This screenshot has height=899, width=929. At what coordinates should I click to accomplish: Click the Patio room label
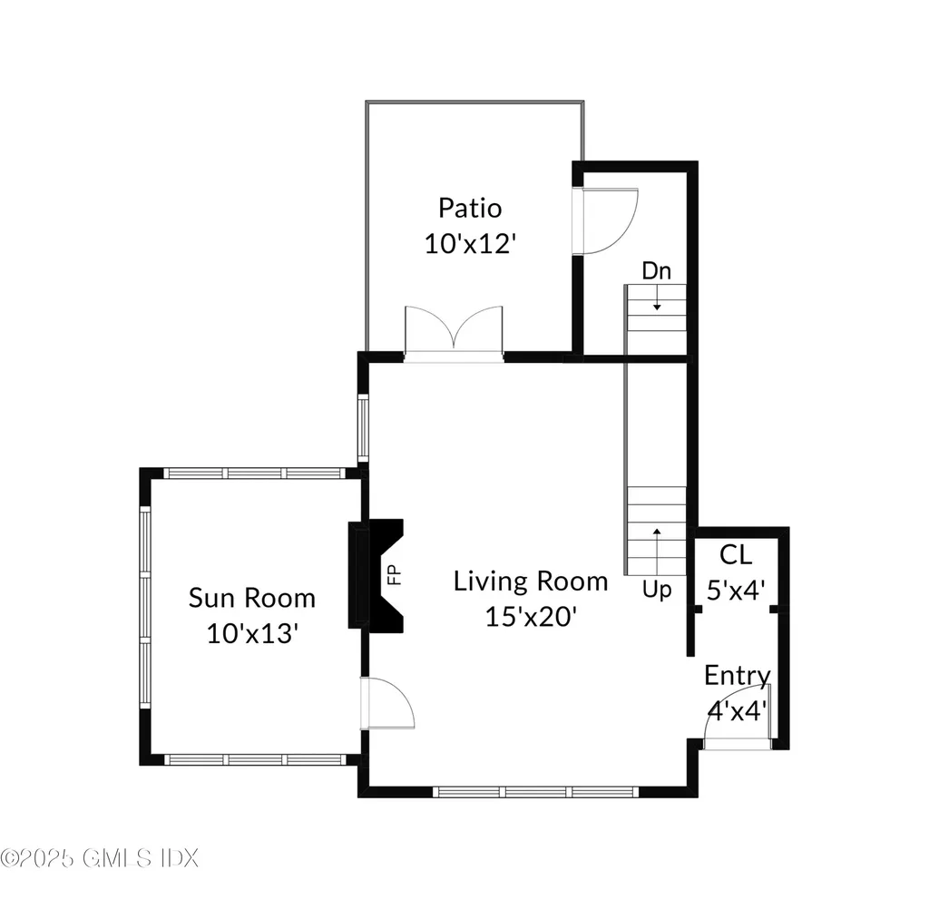[469, 208]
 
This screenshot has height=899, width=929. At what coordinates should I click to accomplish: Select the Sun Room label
[251, 598]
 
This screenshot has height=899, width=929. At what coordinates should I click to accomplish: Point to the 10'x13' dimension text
[252, 633]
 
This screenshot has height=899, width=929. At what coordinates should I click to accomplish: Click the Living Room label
[531, 581]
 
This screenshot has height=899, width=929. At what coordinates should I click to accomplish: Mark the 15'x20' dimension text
[531, 617]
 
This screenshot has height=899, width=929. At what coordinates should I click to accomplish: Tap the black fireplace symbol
[373, 574]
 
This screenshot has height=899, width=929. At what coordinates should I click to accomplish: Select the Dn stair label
[657, 270]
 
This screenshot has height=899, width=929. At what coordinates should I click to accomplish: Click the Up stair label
[657, 590]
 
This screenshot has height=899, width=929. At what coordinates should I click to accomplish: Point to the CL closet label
[736, 554]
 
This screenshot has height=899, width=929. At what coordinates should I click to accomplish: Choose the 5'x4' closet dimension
[737, 590]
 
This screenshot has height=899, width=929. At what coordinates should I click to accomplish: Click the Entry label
[738, 676]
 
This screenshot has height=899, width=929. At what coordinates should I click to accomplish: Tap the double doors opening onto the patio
[454, 333]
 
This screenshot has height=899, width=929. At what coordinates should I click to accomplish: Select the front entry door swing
[737, 721]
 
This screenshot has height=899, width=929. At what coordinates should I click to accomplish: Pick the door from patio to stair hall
[606, 220]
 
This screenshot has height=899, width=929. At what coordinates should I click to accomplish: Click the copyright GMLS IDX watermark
[99, 856]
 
